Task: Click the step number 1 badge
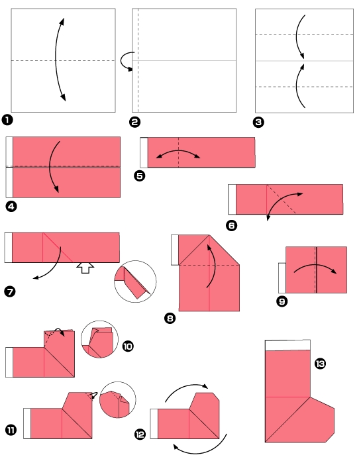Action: pyautogui.click(x=7, y=120)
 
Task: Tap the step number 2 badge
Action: pyautogui.click(x=135, y=122)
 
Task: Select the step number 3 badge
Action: pyautogui.click(x=258, y=122)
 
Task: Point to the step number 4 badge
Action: pyautogui.click(x=10, y=206)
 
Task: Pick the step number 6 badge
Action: pyautogui.click(x=231, y=225)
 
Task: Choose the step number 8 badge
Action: pyautogui.click(x=170, y=319)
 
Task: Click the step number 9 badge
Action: pyautogui.click(x=282, y=301)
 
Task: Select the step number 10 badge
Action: pyautogui.click(x=128, y=346)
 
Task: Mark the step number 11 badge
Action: pyautogui.click(x=11, y=431)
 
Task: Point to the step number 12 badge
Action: pyautogui.click(x=140, y=434)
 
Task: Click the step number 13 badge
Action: pyautogui.click(x=321, y=364)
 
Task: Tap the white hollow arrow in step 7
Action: pyautogui.click(x=84, y=267)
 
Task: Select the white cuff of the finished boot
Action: pyautogui.click(x=287, y=344)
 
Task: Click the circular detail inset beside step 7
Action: pyautogui.click(x=135, y=282)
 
